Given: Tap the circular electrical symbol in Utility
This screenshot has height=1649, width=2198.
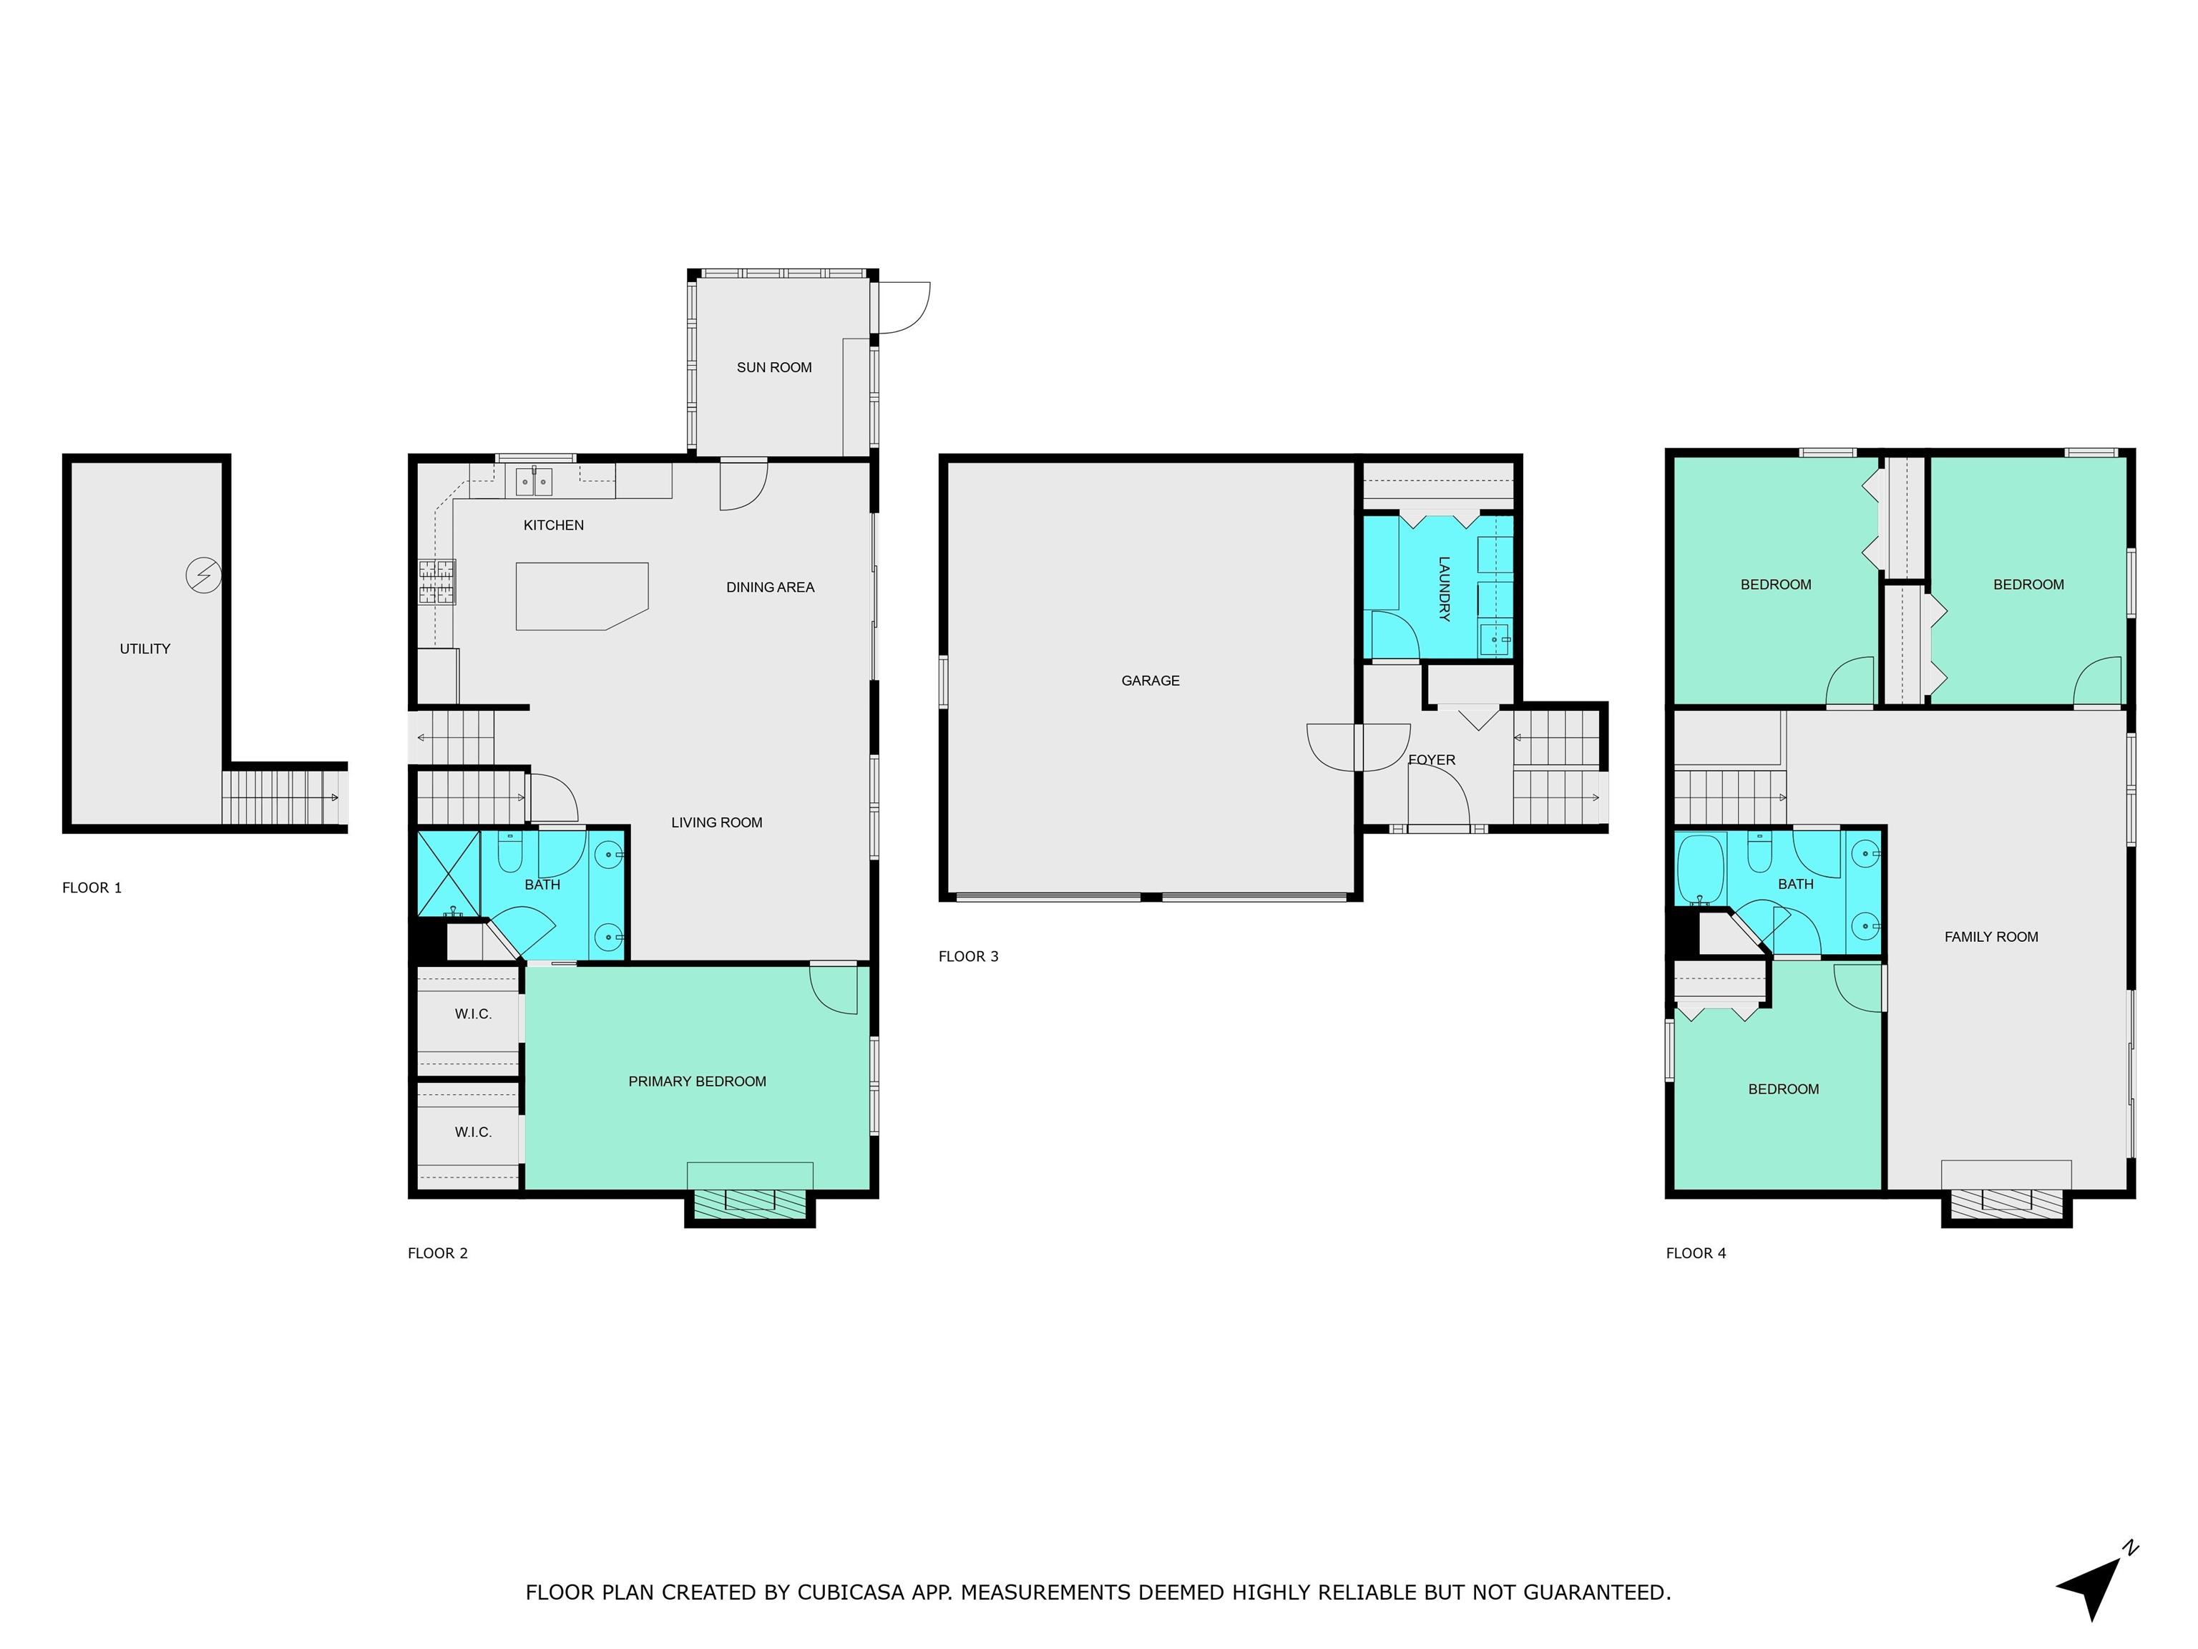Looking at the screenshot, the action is [204, 575].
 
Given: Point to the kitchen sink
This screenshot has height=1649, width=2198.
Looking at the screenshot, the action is [534, 481].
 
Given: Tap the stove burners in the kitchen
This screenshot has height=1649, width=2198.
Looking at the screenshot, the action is [436, 581].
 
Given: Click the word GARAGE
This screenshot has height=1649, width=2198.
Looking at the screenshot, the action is [1151, 681].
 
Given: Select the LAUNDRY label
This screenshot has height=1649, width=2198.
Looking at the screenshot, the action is [1444, 588].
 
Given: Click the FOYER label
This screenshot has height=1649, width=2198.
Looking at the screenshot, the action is [1432, 760].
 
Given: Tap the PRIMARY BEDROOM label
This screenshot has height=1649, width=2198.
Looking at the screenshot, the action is [698, 1081].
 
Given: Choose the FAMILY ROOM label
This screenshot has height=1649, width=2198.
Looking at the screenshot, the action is [1991, 936].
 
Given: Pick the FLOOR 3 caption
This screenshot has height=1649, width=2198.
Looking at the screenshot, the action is [969, 956].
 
